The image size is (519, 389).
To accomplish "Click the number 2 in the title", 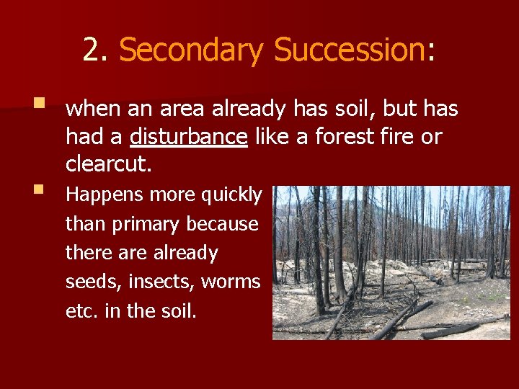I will [91, 50].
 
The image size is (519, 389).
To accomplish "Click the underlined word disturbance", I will [189, 136].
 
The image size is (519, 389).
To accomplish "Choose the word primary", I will [136, 224].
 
